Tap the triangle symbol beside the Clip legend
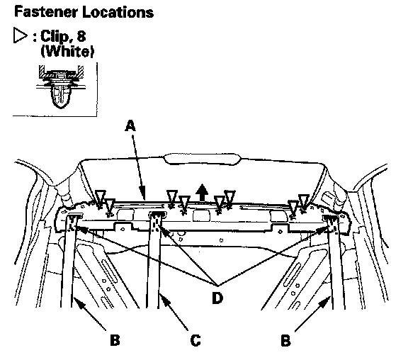point(20,35)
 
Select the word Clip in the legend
point(55,36)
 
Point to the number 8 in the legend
point(81,35)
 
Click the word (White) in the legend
point(67,51)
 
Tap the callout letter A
point(130,125)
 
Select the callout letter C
point(195,340)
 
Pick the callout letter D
point(217,298)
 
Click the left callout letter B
point(115,340)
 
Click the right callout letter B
point(285,340)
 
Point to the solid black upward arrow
point(202,192)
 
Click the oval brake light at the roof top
point(202,159)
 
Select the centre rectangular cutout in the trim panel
point(201,215)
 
